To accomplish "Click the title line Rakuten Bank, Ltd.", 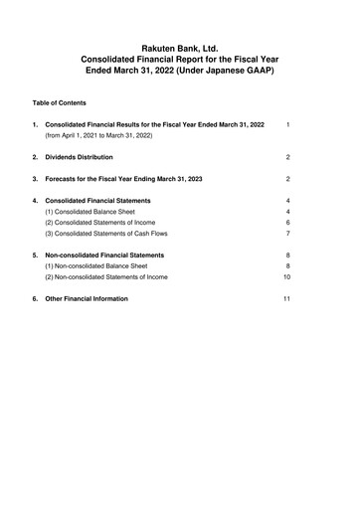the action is click(180, 47).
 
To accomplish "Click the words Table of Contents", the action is click(59, 102).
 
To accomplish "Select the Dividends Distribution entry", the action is click(79, 157).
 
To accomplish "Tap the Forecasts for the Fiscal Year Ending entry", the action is click(122, 179).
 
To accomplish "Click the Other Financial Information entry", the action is click(87, 298).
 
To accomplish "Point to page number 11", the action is click(285, 298).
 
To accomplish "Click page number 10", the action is click(285, 276).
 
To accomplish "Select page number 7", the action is click(286, 234).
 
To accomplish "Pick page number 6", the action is click(286, 223).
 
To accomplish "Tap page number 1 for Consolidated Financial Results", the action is click(286, 124).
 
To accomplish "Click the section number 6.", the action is click(35, 298).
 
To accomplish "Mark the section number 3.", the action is click(35, 179).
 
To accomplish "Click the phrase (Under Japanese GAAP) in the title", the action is click(236, 72).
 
